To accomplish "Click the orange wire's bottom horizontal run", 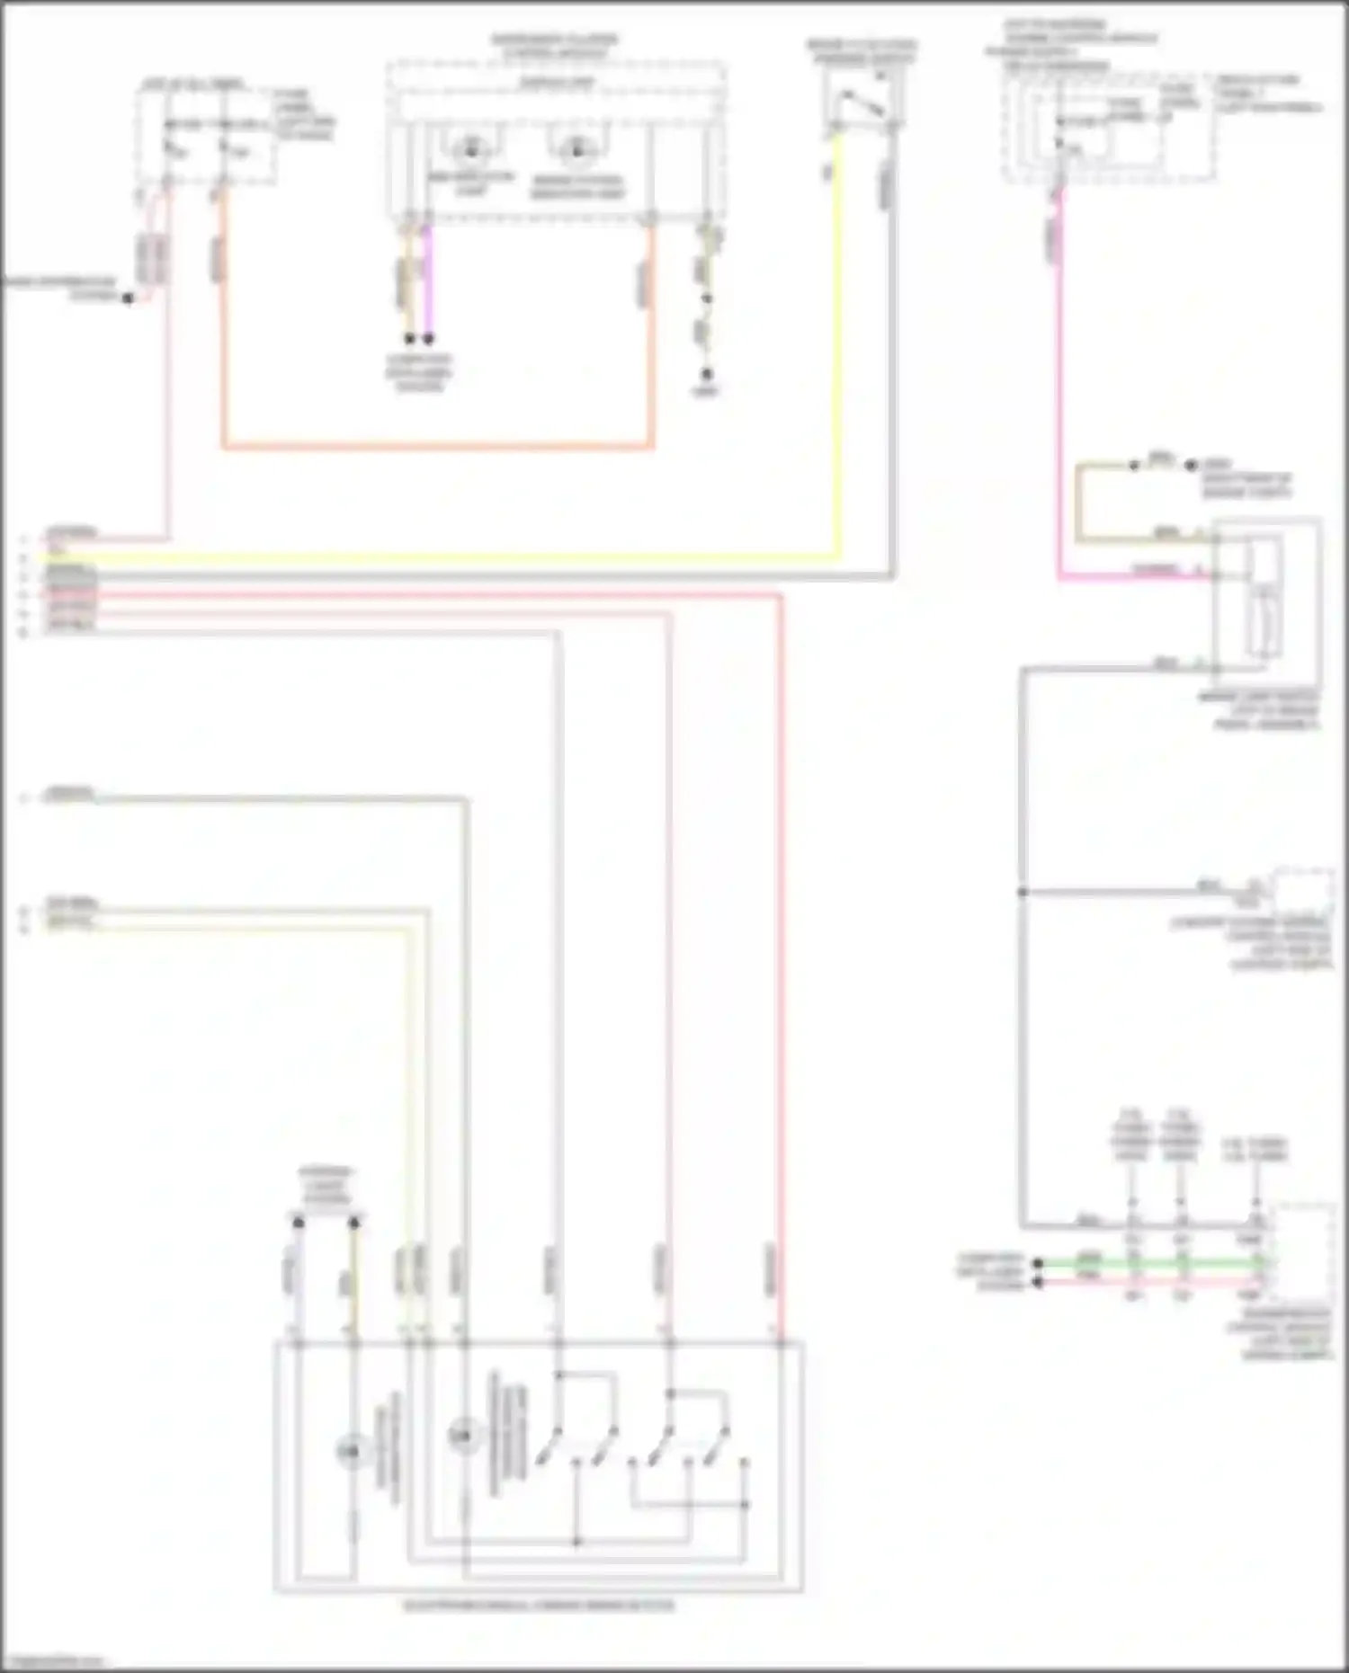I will coord(437,445).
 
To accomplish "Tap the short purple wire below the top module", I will coord(428,279).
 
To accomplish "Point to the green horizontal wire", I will coord(1151,1263).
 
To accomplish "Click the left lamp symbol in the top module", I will coord(469,149).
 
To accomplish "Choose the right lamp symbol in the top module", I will coord(576,149).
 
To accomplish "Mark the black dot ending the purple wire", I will coord(429,339).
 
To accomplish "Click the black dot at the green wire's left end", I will coord(1038,1263).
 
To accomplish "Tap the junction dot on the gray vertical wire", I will coord(1023,892).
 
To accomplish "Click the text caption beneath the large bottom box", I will coord(538,1606).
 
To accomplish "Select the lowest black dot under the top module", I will coord(707,373).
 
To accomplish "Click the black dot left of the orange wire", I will coord(128,298).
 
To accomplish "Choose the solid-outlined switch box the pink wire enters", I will coord(1266,593).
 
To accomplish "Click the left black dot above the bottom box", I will coord(299,1223).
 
